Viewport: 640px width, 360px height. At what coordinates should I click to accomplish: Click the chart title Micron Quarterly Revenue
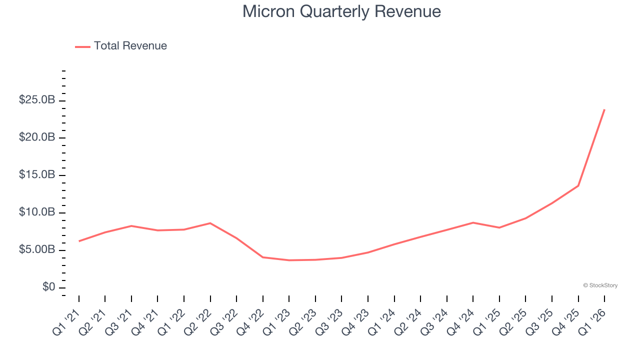point(341,11)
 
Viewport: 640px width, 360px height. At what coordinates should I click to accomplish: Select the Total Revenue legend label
point(130,46)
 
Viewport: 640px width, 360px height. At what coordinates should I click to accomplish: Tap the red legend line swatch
point(82,46)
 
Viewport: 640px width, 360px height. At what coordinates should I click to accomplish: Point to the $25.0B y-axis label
point(37,100)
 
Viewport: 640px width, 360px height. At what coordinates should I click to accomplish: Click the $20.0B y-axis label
point(37,137)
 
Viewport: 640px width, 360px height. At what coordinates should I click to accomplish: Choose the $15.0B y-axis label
point(37,175)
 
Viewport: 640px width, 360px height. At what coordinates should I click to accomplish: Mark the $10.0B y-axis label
point(37,212)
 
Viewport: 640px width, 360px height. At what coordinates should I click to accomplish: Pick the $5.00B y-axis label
point(37,250)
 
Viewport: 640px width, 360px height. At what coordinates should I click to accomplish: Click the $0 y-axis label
point(49,287)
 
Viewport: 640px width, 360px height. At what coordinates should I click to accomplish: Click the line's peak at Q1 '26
point(604,109)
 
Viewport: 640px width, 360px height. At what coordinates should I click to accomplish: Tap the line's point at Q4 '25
point(578,185)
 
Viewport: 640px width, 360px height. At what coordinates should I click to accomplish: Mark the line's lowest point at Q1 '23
point(289,260)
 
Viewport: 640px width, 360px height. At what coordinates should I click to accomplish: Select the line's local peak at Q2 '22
point(210,223)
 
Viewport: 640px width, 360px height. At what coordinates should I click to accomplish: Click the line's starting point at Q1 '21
point(79,241)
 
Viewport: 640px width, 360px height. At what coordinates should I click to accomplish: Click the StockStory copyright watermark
point(600,285)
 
